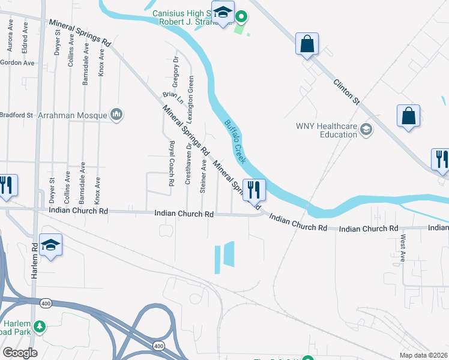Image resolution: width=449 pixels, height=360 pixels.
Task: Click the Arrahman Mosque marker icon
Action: click(116, 114)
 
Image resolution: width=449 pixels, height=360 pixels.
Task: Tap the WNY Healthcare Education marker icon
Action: click(366, 129)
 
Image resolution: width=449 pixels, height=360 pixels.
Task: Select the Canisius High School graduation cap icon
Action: click(223, 13)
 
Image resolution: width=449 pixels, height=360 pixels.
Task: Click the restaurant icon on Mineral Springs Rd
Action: click(254, 190)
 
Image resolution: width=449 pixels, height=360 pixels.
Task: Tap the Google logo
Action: click(20, 352)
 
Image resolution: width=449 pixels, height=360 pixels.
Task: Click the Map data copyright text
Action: click(424, 355)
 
